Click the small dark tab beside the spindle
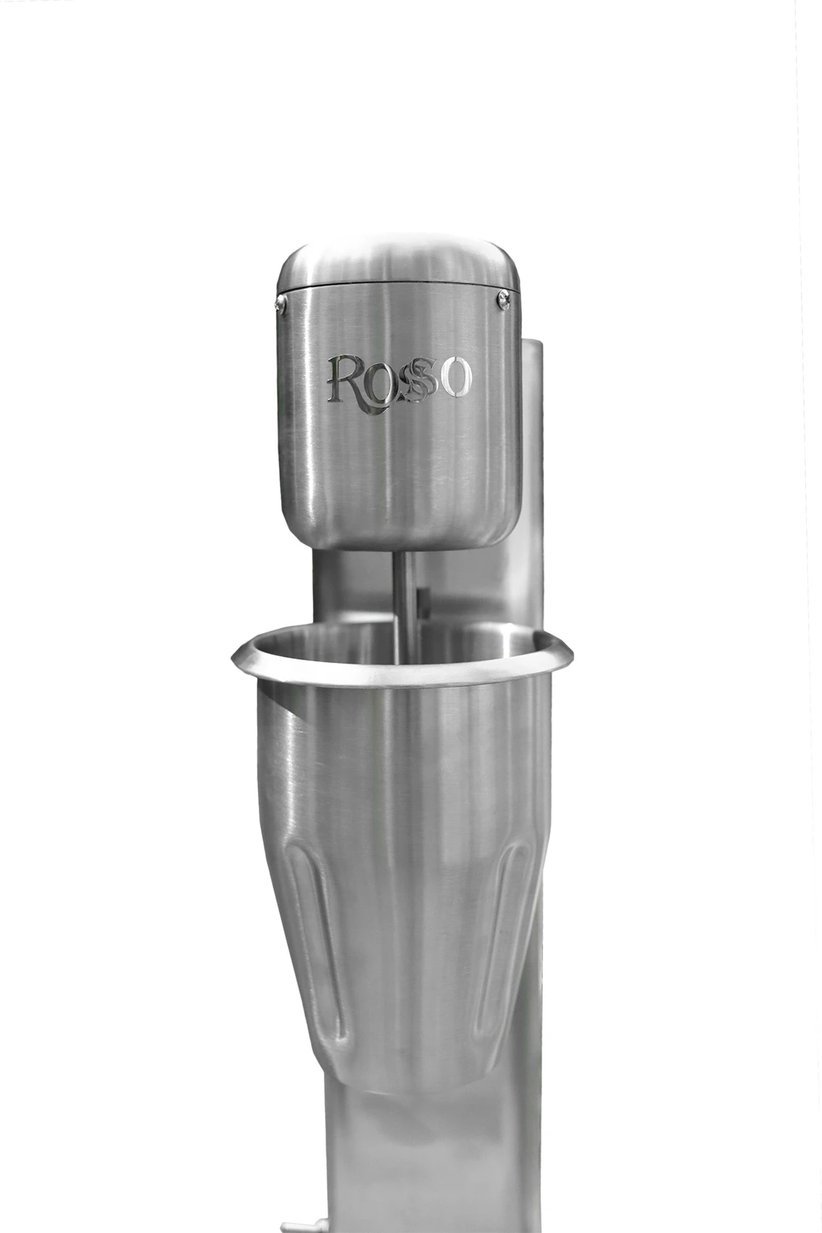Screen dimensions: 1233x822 tap(424, 600)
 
